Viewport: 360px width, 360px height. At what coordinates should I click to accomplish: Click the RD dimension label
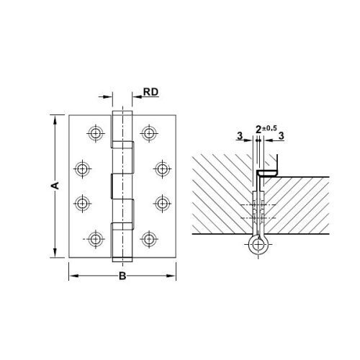150,92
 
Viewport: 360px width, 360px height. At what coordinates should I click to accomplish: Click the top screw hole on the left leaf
95,132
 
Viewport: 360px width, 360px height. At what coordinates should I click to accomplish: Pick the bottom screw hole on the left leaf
95,238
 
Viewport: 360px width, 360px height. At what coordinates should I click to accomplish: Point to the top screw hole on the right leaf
149,132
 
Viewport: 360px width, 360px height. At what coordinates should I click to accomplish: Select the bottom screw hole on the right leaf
149,238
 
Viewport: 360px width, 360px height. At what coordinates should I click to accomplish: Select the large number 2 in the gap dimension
258,130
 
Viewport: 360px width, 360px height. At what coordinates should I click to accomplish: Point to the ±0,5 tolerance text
269,127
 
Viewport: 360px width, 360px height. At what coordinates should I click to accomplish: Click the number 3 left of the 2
239,135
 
